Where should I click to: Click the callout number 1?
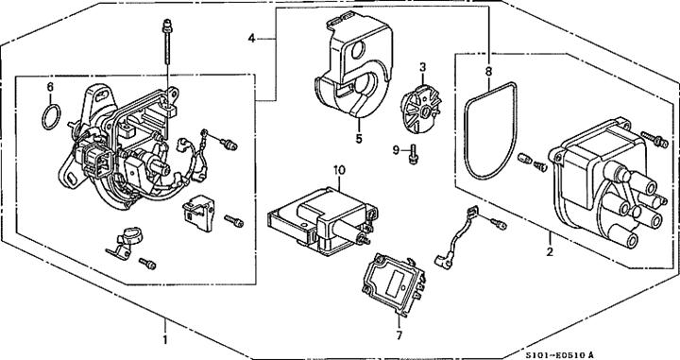click(164, 339)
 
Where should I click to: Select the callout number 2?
click(550, 252)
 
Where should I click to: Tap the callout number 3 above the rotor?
click(422, 67)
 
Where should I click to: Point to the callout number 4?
click(251, 38)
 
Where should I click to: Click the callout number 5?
click(359, 139)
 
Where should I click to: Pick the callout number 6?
click(50, 87)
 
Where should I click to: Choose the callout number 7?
click(399, 334)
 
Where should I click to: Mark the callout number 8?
click(489, 72)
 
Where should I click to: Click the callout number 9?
click(396, 150)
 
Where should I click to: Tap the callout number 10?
click(340, 170)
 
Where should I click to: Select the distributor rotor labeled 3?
click(421, 106)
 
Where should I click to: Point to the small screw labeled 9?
click(413, 154)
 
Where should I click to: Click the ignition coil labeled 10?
click(322, 220)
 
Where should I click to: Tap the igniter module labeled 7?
click(393, 284)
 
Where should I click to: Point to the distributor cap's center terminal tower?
click(622, 175)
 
